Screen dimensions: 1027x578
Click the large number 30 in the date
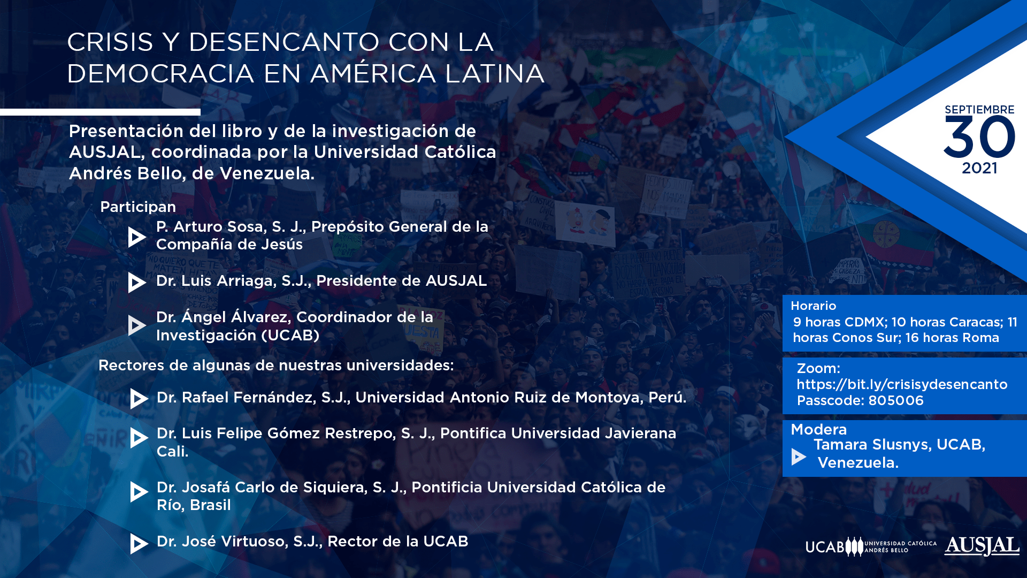coord(979,138)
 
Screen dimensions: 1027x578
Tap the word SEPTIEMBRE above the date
coord(979,110)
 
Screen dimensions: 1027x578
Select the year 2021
coord(979,168)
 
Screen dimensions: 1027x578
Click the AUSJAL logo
coord(982,546)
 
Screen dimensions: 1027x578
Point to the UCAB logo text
coord(825,547)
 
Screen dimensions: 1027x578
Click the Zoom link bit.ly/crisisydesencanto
coord(902,384)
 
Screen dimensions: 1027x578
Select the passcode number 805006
coord(896,400)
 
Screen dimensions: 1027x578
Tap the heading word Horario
coord(813,306)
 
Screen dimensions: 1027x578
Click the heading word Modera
coord(818,429)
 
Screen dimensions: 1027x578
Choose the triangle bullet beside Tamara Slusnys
coord(798,457)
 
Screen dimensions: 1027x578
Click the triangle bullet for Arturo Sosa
coord(136,237)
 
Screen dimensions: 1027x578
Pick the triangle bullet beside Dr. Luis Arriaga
coord(136,282)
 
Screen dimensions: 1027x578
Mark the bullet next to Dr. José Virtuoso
coord(139,543)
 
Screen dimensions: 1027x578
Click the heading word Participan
coord(138,207)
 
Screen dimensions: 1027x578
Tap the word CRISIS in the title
coord(110,42)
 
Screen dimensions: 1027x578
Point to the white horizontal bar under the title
coord(100,112)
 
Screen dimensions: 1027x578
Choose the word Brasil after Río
coord(210,505)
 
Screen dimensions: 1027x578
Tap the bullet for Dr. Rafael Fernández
coord(139,399)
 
